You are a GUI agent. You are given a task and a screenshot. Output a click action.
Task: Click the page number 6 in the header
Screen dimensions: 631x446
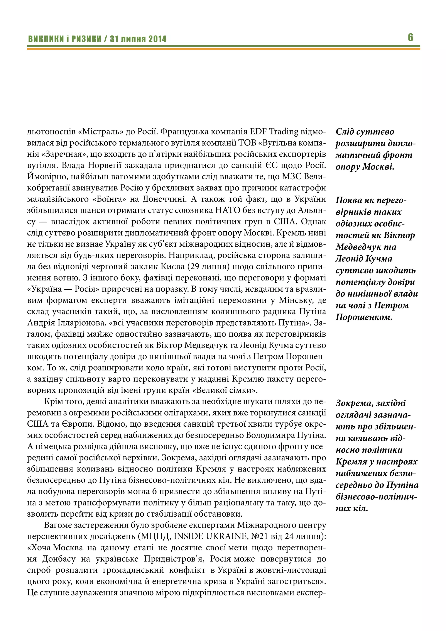click(410, 37)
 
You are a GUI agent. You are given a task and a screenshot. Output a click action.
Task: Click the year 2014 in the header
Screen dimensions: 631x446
click(157, 39)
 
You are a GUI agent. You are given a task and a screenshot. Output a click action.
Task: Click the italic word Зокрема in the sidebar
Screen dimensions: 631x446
click(355, 403)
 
